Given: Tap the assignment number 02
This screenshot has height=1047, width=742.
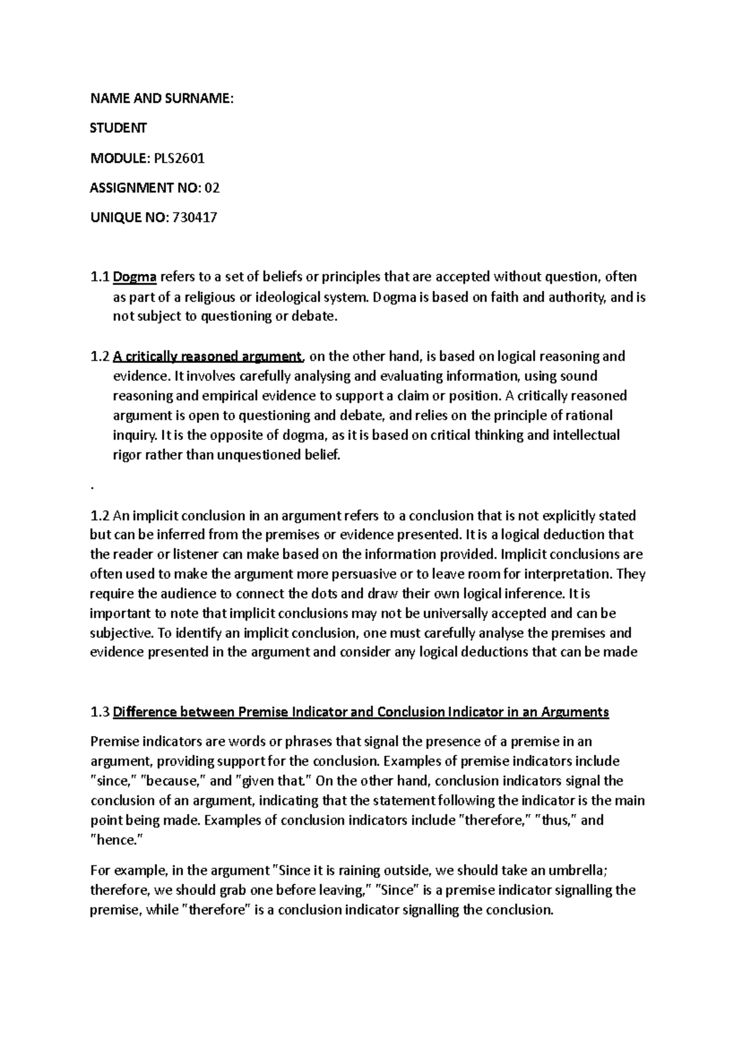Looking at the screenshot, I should [x=212, y=188].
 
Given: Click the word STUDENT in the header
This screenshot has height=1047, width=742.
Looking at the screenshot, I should [x=119, y=129].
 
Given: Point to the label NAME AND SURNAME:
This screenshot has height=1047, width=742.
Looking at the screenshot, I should [x=162, y=98].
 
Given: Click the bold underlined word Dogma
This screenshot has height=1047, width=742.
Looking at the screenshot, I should [x=135, y=277].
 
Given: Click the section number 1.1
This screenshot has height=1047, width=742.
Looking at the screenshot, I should [x=99, y=277].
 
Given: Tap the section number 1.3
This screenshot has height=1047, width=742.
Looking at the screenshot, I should [x=99, y=712].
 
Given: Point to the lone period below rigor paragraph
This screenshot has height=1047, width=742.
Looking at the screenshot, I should [x=92, y=487].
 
